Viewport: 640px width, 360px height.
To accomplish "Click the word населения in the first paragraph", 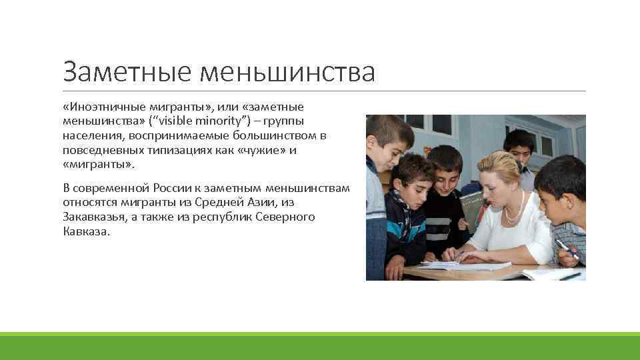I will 91,135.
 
